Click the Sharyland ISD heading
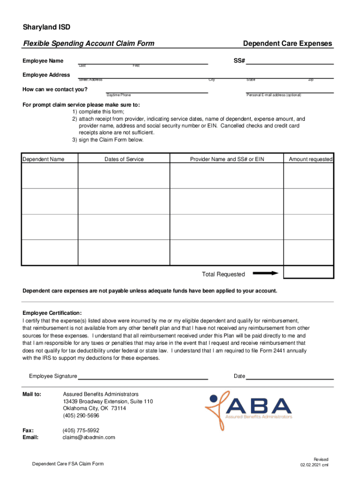(x=47, y=28)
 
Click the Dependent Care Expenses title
(x=288, y=44)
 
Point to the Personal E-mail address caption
(x=274, y=95)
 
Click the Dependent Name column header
(x=43, y=160)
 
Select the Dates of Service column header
(x=124, y=160)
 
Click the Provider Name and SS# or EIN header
(x=227, y=160)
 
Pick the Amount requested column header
(x=310, y=160)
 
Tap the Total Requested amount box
(x=309, y=272)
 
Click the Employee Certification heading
(x=52, y=313)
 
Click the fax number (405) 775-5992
(x=81, y=430)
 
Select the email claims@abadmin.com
(x=89, y=437)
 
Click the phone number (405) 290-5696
(x=81, y=415)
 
